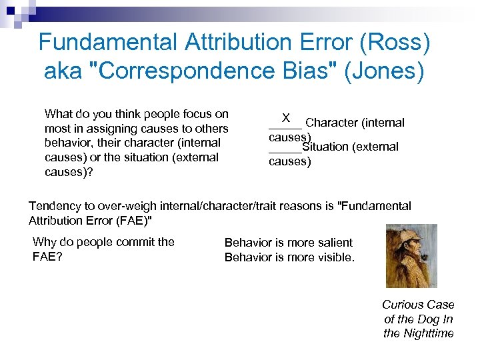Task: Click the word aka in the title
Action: point(63,71)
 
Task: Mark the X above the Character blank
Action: point(285,118)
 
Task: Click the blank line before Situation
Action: point(285,151)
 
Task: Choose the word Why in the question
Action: point(45,242)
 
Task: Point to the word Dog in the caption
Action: point(427,319)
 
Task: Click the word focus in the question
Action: point(198,114)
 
